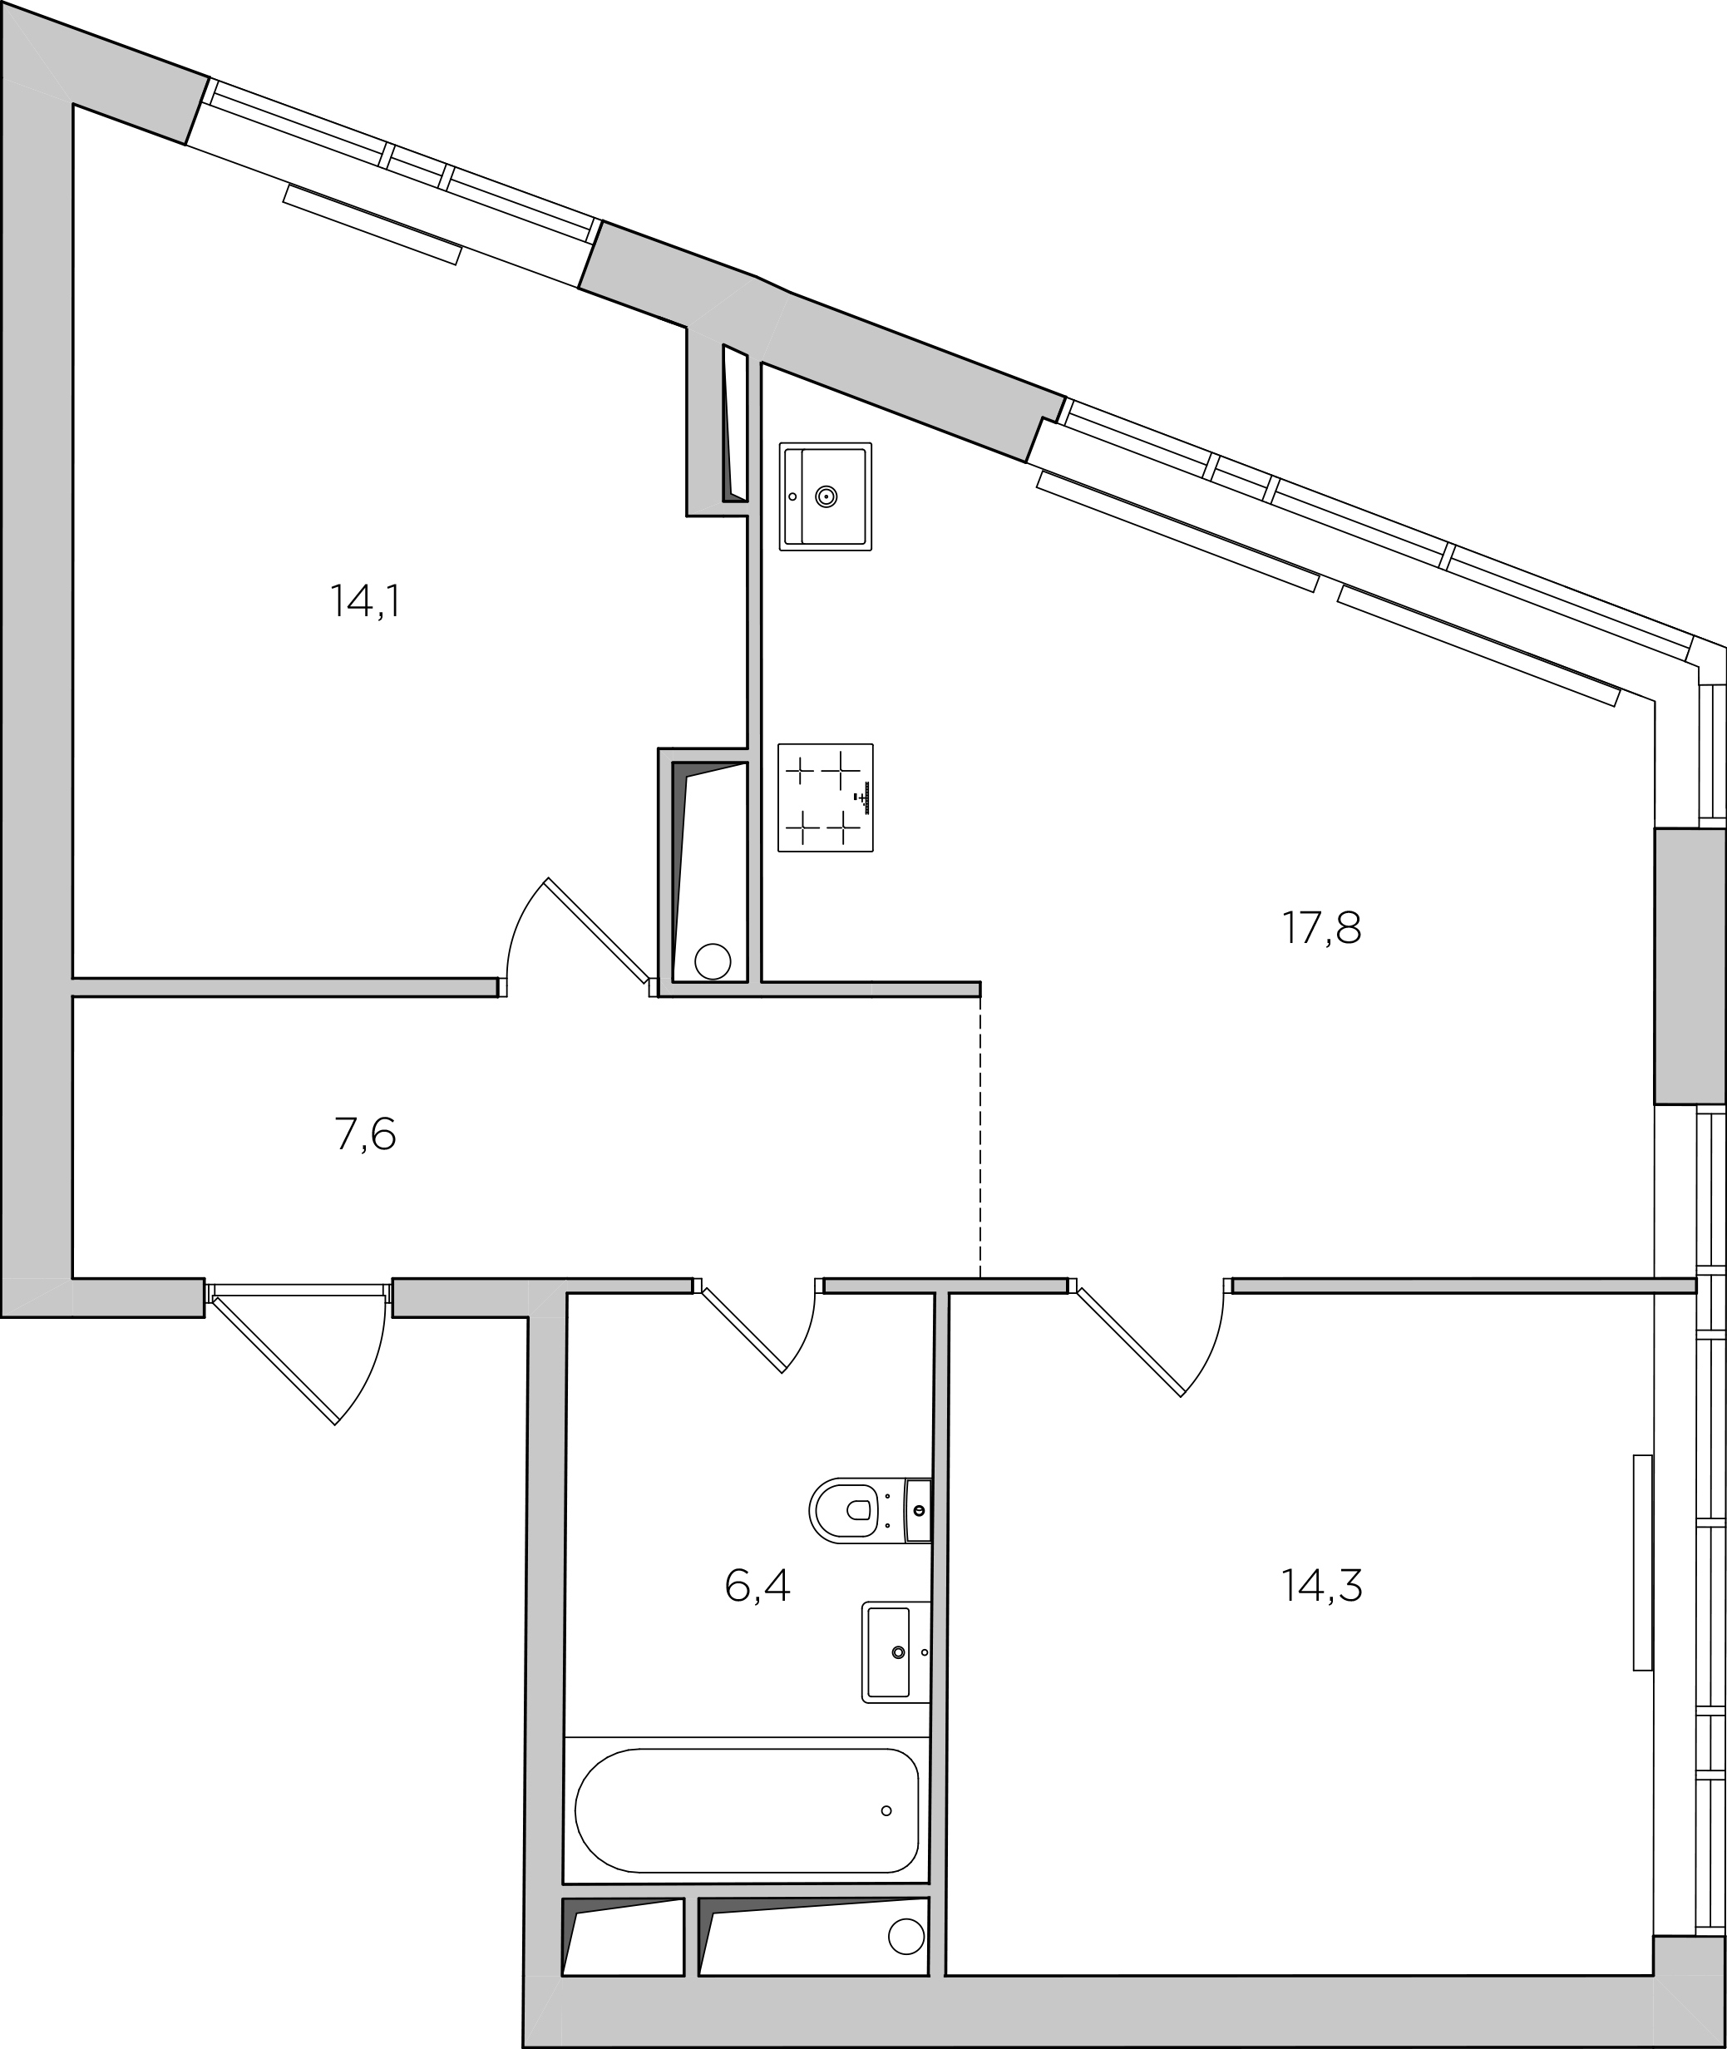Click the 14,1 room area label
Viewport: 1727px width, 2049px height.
(x=365, y=601)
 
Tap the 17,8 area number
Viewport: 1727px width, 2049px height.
(x=1322, y=927)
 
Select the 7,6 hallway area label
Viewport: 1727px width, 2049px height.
(x=365, y=1134)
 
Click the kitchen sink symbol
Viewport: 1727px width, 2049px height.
(x=826, y=496)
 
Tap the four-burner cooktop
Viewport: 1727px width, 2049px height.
(x=826, y=797)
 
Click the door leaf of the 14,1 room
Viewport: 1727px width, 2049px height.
(x=598, y=929)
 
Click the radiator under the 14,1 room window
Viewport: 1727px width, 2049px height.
(x=372, y=225)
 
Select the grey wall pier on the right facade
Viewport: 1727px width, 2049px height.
(x=1690, y=966)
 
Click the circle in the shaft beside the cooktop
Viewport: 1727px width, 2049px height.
(x=713, y=961)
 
